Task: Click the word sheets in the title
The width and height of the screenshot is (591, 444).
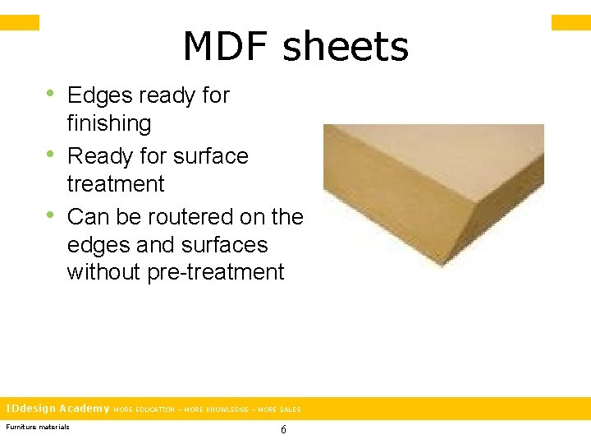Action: (x=345, y=47)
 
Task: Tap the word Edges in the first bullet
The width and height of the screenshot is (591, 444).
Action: (x=99, y=96)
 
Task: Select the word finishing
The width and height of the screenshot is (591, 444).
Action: (x=109, y=124)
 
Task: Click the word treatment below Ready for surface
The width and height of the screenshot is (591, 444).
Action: (x=116, y=184)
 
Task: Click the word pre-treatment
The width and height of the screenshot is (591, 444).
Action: (x=216, y=272)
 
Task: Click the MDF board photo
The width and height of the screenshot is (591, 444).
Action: (x=433, y=195)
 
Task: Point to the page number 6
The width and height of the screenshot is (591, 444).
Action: (x=283, y=429)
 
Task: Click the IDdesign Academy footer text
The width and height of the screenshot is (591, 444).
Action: (x=57, y=409)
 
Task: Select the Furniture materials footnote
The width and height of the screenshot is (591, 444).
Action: (x=38, y=426)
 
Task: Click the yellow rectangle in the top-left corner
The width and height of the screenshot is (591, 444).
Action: (x=19, y=22)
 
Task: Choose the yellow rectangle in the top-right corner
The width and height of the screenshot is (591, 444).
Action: (x=570, y=22)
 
